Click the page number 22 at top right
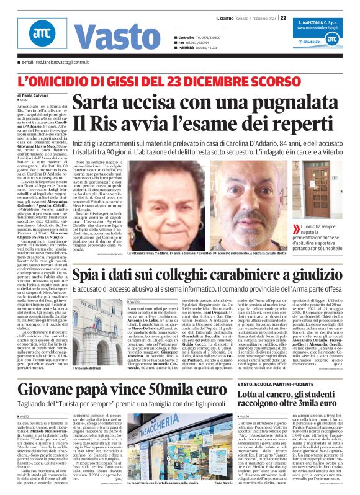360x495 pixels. tap(282, 17)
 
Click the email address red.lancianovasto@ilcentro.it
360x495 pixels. tap(52, 63)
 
